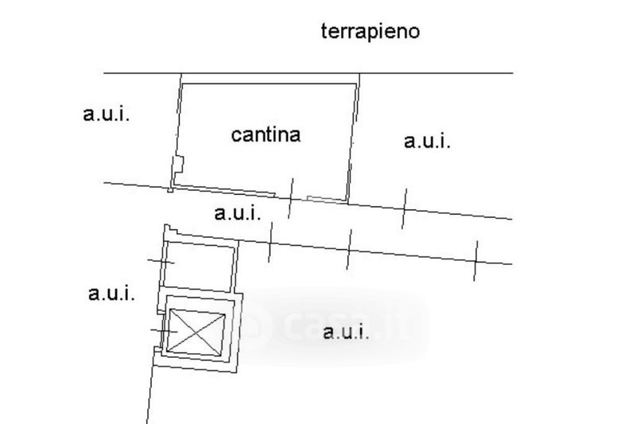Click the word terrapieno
pyautogui.click(x=370, y=32)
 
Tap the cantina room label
pyautogui.click(x=266, y=134)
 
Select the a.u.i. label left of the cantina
pyautogui.click(x=106, y=114)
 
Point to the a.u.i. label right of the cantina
pyautogui.click(x=427, y=142)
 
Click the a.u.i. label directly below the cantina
pyautogui.click(x=237, y=213)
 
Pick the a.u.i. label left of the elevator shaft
pyautogui.click(x=111, y=293)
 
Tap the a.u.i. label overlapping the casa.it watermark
pyautogui.click(x=346, y=333)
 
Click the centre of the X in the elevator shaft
pyautogui.click(x=196, y=332)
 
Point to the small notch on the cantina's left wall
pyautogui.click(x=178, y=166)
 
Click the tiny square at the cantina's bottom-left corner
pyautogui.click(x=170, y=189)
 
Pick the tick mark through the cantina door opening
pyautogui.click(x=290, y=197)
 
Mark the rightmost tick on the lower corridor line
pyautogui.click(x=475, y=259)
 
